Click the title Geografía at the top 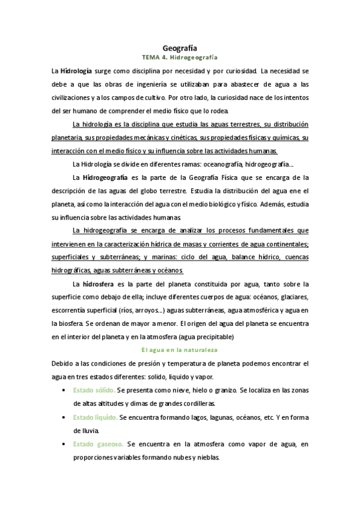pyautogui.click(x=180, y=47)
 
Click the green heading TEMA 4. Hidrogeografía pyautogui.click(x=180, y=57)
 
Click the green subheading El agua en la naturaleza pyautogui.click(x=180, y=349)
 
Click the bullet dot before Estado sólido pyautogui.click(x=64, y=374)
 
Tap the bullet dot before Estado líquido pyautogui.click(x=64, y=401)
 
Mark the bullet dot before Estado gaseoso pyautogui.click(x=64, y=428)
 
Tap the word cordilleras pyautogui.click(x=180, y=387)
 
